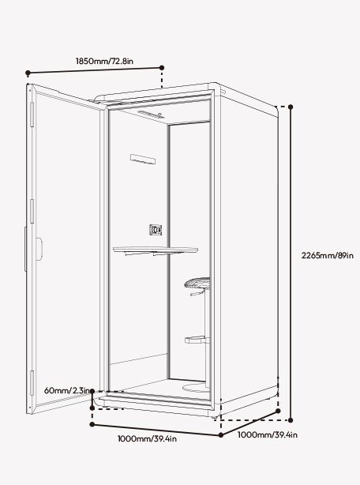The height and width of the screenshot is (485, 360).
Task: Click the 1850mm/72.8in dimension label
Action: (104, 61)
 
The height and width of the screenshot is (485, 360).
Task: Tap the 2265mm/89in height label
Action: (328, 255)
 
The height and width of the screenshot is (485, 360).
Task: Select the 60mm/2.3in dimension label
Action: (67, 390)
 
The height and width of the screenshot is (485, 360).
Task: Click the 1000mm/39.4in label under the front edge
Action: (147, 438)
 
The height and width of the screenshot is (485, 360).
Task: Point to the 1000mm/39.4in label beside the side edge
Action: (268, 435)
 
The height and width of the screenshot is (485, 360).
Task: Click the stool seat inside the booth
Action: (197, 283)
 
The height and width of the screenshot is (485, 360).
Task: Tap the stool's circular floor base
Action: (196, 388)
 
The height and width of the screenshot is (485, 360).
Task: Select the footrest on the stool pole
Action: (197, 340)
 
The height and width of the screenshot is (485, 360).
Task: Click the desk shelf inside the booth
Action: (155, 250)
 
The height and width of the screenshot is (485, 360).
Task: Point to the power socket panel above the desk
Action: (156, 230)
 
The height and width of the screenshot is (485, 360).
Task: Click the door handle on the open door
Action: (39, 249)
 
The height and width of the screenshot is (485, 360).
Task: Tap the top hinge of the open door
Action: (32, 115)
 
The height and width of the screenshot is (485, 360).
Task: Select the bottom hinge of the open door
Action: (32, 383)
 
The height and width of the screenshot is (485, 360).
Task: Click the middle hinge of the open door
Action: (32, 211)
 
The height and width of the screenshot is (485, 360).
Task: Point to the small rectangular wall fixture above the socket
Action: (143, 159)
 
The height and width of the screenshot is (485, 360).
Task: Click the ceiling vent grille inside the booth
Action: (151, 114)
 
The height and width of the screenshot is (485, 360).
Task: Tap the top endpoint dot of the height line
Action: (291, 107)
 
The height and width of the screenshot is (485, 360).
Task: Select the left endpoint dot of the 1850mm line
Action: (28, 73)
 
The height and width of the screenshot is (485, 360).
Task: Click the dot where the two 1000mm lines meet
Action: (220, 435)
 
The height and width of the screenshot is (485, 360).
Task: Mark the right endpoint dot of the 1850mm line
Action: (162, 67)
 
